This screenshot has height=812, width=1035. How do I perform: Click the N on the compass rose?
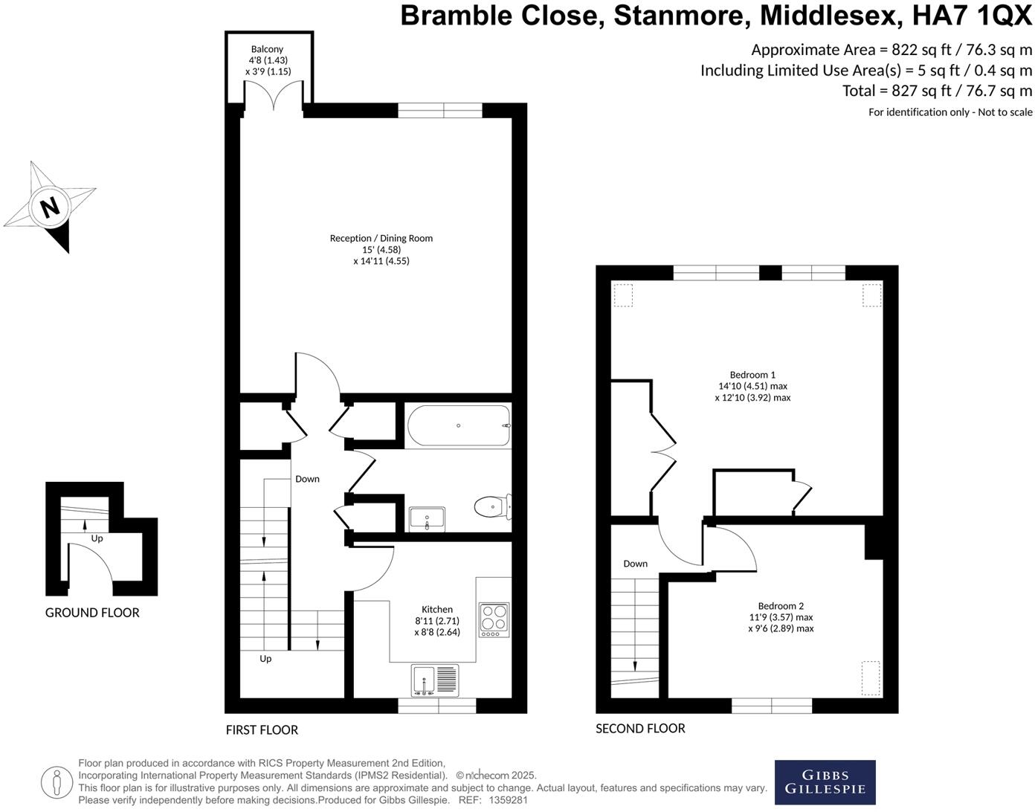tap(50, 207)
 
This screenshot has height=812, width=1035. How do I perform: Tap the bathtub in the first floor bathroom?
tap(459, 425)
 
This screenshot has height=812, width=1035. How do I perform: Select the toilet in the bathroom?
tap(493, 506)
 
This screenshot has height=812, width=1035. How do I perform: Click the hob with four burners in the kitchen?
tap(494, 619)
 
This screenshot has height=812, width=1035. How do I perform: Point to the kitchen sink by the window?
tap(435, 680)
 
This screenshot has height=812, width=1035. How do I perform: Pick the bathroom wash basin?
tap(428, 519)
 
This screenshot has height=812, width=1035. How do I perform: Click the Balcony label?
tap(267, 49)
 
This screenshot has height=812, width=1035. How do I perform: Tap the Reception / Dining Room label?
tap(381, 238)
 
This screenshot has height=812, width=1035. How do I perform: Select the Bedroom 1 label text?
tap(752, 375)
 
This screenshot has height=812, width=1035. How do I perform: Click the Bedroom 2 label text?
tap(781, 606)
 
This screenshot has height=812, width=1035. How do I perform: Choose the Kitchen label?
tap(436, 609)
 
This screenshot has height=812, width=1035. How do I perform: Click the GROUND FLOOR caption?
tap(92, 613)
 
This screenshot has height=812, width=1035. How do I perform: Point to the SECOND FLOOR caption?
tap(640, 728)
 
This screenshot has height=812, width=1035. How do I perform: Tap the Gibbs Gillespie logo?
tap(825, 782)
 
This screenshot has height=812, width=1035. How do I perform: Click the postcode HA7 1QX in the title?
tap(972, 15)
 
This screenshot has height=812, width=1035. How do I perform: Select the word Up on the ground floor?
tap(97, 538)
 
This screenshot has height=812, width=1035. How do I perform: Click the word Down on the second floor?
tap(636, 564)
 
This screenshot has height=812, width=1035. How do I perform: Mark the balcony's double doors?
tap(274, 95)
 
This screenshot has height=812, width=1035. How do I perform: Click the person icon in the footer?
tap(57, 782)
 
